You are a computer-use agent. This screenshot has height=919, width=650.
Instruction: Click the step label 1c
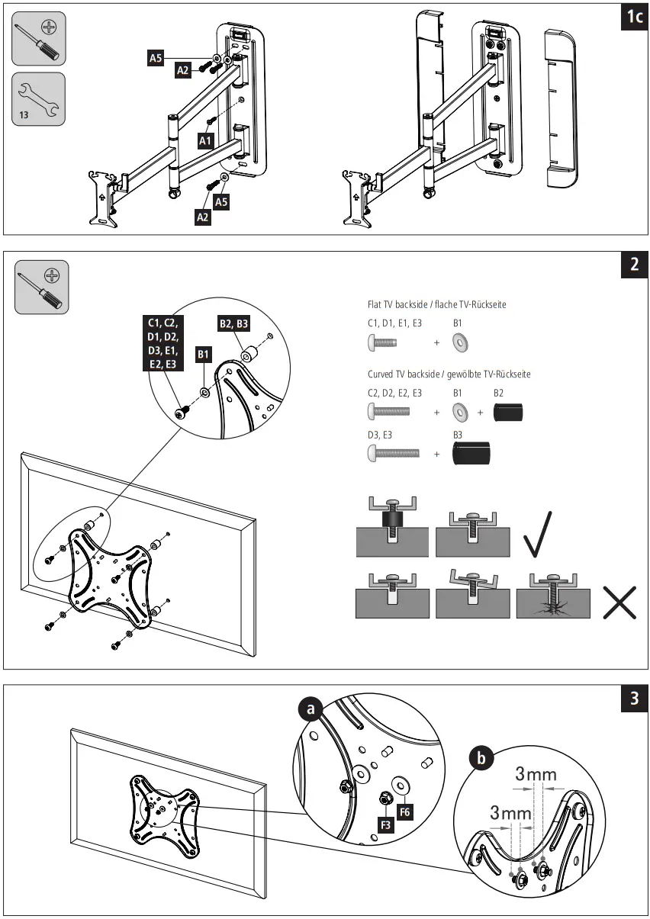coord(634,18)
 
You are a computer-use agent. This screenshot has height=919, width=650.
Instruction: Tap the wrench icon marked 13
coord(39,99)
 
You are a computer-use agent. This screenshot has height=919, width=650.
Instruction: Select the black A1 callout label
coord(205,141)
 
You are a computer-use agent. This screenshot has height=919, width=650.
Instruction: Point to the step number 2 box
coord(634,265)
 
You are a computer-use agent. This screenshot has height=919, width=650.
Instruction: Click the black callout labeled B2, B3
coord(233,323)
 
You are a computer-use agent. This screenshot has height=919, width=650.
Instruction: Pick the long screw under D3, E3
coord(394,453)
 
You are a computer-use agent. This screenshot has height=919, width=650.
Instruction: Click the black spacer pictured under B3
coord(471,454)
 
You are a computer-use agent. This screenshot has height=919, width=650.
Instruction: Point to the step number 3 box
coord(634,700)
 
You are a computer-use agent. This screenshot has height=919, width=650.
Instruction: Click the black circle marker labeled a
coord(309,710)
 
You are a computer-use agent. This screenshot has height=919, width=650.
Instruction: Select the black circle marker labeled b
coord(481,759)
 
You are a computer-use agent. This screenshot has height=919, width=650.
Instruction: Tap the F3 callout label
coord(385,824)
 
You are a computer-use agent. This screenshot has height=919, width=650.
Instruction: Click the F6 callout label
coord(405,812)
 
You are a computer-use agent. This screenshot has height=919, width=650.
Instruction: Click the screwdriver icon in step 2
coord(42,288)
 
